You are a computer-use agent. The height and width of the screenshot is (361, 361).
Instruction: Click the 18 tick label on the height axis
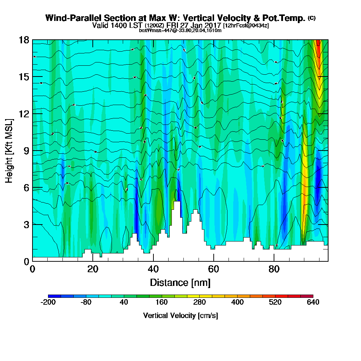pos(23,40)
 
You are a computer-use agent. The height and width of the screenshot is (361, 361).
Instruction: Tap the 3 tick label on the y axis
pos(26,224)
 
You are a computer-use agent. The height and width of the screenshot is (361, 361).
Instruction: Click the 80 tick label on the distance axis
pos(274,269)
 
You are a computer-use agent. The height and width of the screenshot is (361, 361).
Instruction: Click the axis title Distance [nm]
pos(180,282)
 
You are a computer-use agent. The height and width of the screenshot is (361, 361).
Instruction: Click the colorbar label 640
pos(313,303)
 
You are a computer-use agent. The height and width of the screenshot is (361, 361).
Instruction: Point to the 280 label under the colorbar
pos(199,303)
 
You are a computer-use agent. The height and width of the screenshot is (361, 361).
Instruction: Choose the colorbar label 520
pos(275,303)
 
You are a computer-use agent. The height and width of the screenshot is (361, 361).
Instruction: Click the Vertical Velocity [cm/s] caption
pos(180,316)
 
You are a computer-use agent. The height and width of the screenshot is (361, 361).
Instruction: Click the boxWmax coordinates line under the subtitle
pos(180,30)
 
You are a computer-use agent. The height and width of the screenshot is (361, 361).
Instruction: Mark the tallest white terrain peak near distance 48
pos(177,203)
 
